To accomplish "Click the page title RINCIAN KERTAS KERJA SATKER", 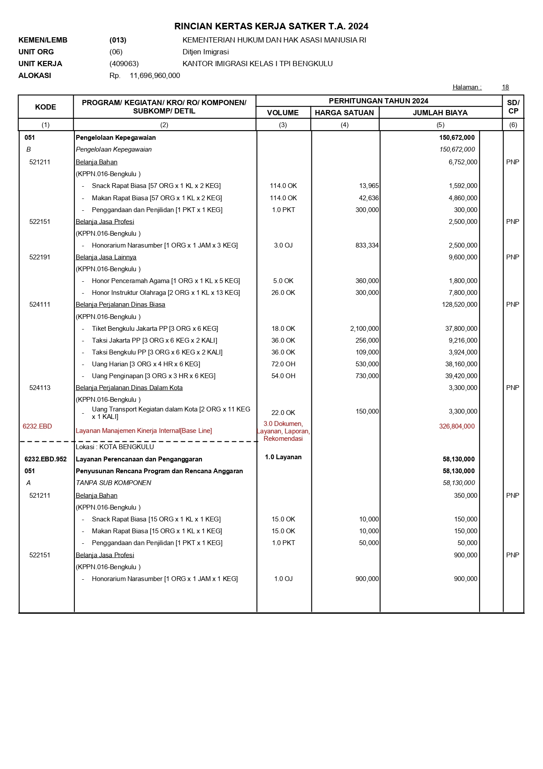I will pos(271,26).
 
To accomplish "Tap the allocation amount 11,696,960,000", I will pos(155,76).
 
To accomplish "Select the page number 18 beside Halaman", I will pos(505,87).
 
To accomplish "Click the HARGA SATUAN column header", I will pos(344,113).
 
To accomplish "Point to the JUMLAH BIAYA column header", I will pos(440,113).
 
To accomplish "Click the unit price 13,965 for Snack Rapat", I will pos(369,186).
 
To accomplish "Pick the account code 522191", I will pos(40,257).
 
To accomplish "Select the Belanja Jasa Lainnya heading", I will pos(106,257).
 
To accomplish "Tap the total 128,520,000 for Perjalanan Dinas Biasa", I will pos(459,305).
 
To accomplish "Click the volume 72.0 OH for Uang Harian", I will pos(283,364).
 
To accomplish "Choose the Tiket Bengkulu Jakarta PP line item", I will pos(155,329).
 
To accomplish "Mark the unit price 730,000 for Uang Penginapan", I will pos(367,376).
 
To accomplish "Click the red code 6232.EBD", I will pos(37,426).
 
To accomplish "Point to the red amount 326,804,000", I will pos(457,426).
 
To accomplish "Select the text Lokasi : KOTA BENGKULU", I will pos(115,447).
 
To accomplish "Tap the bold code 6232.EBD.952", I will pos(46,459).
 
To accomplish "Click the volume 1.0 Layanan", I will pos(283,457).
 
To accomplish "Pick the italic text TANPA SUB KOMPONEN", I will pos(113,483).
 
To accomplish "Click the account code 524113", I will pos(40,388).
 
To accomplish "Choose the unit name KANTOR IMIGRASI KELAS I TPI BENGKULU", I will pos(257,64).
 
